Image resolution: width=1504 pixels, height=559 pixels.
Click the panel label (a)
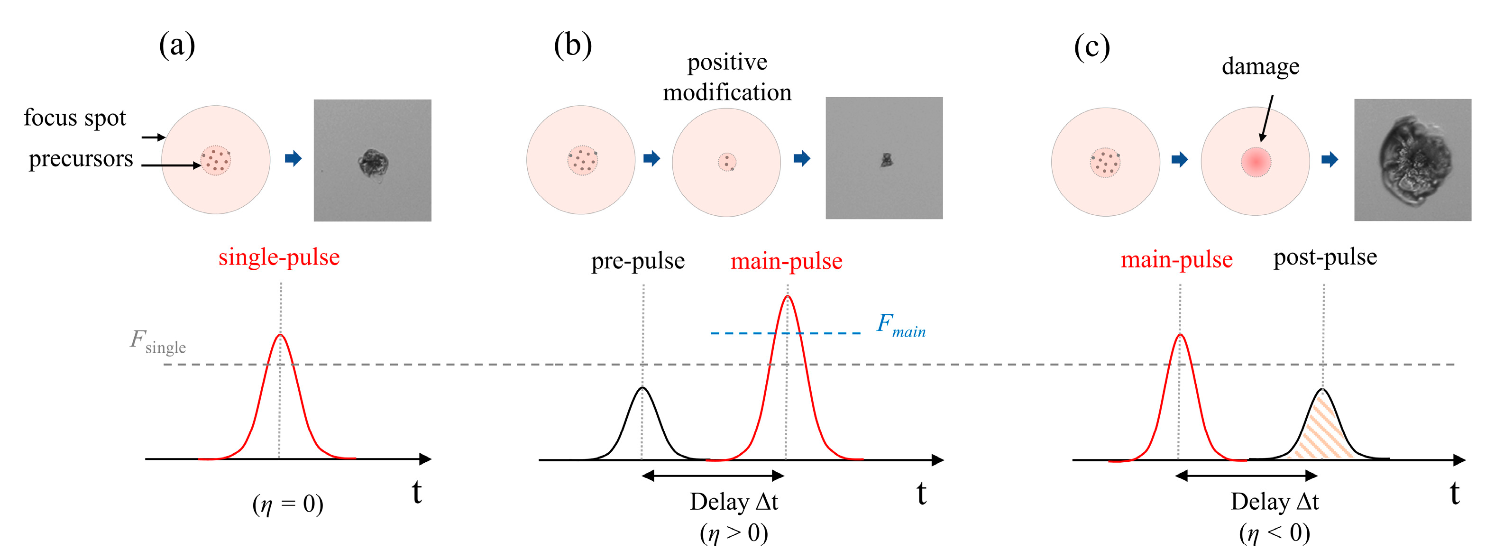pyautogui.click(x=177, y=45)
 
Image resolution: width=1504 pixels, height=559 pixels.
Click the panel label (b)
pyautogui.click(x=573, y=45)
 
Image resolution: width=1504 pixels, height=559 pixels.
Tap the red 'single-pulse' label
pyautogui.click(x=279, y=257)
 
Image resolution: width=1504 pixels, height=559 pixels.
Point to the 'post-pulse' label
pyautogui.click(x=1325, y=257)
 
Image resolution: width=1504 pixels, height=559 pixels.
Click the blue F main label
pyautogui.click(x=900, y=325)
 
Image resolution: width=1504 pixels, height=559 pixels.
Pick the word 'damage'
pyautogui.click(x=1261, y=66)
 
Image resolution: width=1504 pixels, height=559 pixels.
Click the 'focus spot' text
pyautogui.click(x=75, y=118)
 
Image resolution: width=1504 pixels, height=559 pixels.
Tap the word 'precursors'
pyautogui.click(x=81, y=159)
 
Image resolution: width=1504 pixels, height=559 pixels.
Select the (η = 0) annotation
pyautogui.click(x=288, y=504)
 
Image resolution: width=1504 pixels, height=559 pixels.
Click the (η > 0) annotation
pyautogui.click(x=734, y=533)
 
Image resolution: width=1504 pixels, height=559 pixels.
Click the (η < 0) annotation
pyautogui.click(x=1275, y=533)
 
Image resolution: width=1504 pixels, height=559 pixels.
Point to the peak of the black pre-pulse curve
pyautogui.click(x=643, y=388)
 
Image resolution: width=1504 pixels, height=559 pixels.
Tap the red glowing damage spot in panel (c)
pyautogui.click(x=1256, y=162)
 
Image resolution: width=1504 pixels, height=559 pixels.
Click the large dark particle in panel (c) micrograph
pyautogui.click(x=1413, y=161)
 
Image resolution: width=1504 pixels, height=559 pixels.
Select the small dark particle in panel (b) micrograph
pyautogui.click(x=887, y=159)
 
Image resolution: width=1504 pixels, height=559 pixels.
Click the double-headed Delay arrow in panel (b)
pyautogui.click(x=713, y=476)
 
